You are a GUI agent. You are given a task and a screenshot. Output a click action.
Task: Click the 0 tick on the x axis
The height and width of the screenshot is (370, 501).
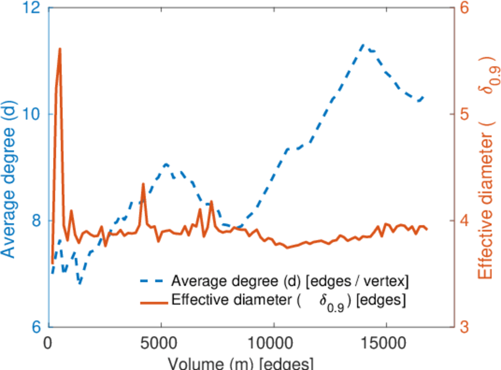tap(49, 343)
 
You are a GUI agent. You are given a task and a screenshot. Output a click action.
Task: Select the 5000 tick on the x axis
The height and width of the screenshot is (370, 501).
tap(161, 343)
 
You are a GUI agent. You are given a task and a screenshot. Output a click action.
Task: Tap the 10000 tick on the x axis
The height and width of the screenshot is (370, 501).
tap(273, 343)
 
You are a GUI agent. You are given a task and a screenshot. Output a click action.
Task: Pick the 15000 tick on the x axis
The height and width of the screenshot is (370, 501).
tap(386, 343)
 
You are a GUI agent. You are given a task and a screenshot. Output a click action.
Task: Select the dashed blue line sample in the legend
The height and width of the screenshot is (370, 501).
tap(152, 282)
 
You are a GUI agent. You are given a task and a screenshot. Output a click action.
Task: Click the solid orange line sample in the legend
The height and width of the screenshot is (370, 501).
tap(152, 302)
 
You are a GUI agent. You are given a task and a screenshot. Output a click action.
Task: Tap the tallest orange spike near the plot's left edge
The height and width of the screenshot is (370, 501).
tap(60, 49)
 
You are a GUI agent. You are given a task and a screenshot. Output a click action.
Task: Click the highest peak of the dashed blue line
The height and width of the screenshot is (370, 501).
tap(363, 45)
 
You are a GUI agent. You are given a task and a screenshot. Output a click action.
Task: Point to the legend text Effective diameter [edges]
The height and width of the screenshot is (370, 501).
tap(289, 302)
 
